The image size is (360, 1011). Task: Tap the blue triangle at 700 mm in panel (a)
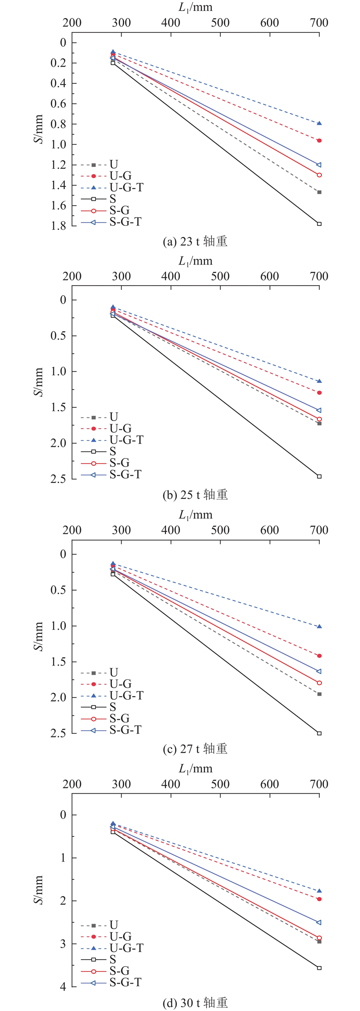coord(319,123)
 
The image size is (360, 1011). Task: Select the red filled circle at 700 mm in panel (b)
coord(319,393)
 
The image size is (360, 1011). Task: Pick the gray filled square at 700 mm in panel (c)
coord(319,694)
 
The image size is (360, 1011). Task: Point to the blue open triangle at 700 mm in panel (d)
coord(319,922)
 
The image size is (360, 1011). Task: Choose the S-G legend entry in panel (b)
coord(106,463)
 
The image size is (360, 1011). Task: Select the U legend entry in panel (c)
coord(99,673)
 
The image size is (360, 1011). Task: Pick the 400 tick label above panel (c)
coord(171,530)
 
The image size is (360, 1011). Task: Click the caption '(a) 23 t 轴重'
coord(195,242)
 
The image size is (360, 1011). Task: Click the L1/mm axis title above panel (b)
coord(195,261)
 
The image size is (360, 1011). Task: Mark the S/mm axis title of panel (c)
coord(40,636)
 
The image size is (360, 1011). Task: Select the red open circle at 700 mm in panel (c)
coord(319,683)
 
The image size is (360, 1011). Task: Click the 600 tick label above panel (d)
coord(270,784)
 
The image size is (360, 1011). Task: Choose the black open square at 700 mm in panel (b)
coord(319,476)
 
